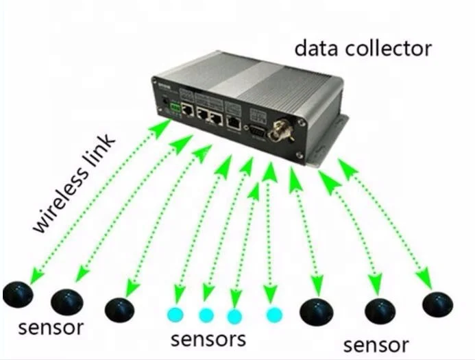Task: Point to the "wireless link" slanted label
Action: coord(76,185)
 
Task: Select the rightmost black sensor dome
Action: coord(438,303)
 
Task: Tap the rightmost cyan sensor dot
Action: coord(274,315)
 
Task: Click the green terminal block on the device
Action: coord(176,108)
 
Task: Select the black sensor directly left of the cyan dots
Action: coord(119,309)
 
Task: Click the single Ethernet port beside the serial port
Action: coord(234,122)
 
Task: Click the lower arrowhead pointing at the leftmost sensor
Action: coord(34,278)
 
